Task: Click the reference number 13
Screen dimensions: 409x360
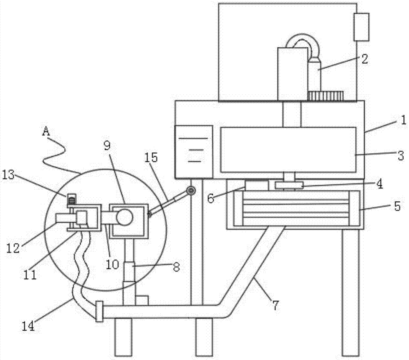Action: tap(8, 175)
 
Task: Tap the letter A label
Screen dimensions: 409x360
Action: tap(46, 132)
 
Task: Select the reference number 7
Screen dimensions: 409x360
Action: tap(276, 305)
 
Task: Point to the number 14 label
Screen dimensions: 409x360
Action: tap(28, 326)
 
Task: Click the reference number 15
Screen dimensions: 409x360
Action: tap(152, 157)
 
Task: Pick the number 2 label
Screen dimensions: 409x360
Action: tap(364, 59)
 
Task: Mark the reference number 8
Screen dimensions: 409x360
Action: tap(177, 266)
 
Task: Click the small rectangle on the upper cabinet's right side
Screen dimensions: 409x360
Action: tap(362, 27)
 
